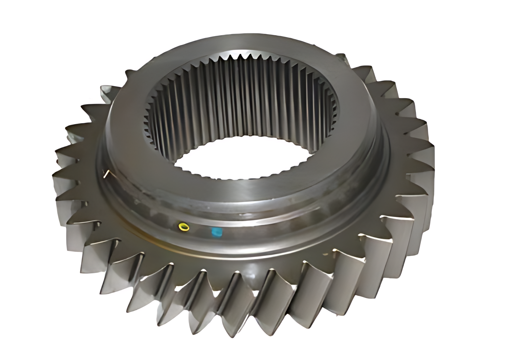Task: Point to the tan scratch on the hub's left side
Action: click(x=107, y=173)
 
